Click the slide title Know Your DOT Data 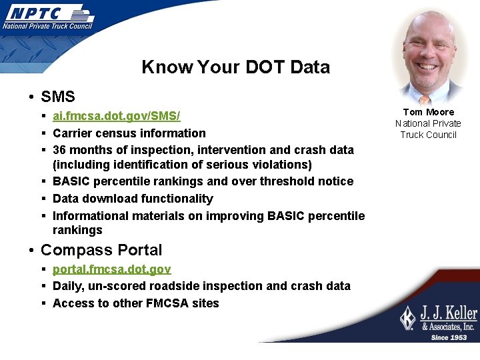235,67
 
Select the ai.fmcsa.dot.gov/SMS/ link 116,116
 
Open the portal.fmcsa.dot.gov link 111,269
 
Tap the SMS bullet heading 57,97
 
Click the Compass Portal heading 101,250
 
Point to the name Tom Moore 428,112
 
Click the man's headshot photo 428,57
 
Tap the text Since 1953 449,337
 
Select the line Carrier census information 129,133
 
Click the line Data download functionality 133,199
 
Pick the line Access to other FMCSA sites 135,303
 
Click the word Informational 91,216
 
